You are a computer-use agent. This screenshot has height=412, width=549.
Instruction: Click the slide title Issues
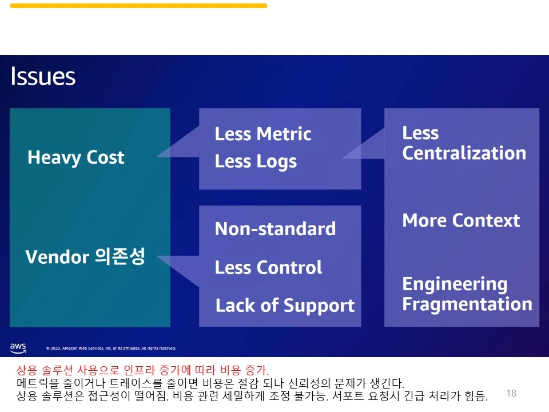click(x=43, y=76)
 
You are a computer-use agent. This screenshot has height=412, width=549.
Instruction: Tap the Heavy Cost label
click(x=75, y=157)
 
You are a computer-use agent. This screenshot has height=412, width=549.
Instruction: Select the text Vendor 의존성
click(x=85, y=256)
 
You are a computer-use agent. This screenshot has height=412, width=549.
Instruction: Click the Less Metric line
click(x=263, y=134)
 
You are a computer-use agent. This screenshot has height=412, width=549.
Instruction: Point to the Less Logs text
click(x=256, y=161)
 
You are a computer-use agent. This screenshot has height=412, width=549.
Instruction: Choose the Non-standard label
click(x=275, y=229)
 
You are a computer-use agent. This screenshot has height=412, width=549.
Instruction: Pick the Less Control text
click(x=268, y=267)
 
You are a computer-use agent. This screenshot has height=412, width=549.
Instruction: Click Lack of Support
click(x=285, y=306)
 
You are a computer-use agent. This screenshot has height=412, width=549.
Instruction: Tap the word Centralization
click(x=464, y=153)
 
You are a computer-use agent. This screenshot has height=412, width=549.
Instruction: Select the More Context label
click(x=461, y=220)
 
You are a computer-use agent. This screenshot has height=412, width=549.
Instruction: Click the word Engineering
click(x=455, y=284)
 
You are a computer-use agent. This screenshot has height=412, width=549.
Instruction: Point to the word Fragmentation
click(x=467, y=304)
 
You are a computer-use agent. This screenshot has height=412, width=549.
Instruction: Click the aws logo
click(x=18, y=347)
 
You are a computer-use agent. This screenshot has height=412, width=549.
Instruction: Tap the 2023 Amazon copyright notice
click(x=111, y=348)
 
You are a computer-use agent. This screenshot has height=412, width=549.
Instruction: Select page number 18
click(x=511, y=393)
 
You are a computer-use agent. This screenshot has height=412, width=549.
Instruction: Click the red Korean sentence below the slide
click(x=142, y=370)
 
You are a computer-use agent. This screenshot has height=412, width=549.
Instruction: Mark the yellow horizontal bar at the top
click(x=138, y=6)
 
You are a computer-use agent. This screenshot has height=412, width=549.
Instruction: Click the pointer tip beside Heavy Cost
click(x=157, y=157)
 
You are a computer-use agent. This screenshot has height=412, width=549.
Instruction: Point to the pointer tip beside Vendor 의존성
click(x=157, y=256)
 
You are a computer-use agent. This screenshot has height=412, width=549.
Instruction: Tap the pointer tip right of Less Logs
click(x=342, y=159)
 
